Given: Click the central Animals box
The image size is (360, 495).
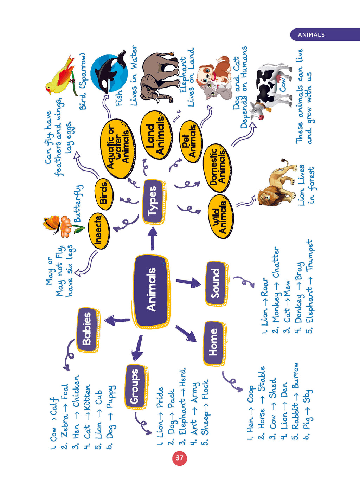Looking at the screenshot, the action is pyautogui.click(x=152, y=291).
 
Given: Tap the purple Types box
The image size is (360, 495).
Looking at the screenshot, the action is pyautogui.click(x=154, y=202).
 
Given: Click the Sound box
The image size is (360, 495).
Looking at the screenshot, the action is pyautogui.click(x=216, y=283).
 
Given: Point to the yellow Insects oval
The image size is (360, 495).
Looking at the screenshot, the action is pyautogui.click(x=98, y=231).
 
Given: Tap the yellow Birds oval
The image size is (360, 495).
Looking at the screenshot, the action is pyautogui.click(x=103, y=194).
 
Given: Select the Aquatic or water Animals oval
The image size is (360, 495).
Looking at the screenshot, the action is pyautogui.click(x=117, y=148).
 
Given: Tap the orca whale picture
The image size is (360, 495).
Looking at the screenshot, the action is pyautogui.click(x=109, y=71).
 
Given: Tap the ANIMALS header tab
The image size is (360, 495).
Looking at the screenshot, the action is pyautogui.click(x=325, y=34).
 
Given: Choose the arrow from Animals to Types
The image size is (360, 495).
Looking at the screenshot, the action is pyautogui.click(x=153, y=238).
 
